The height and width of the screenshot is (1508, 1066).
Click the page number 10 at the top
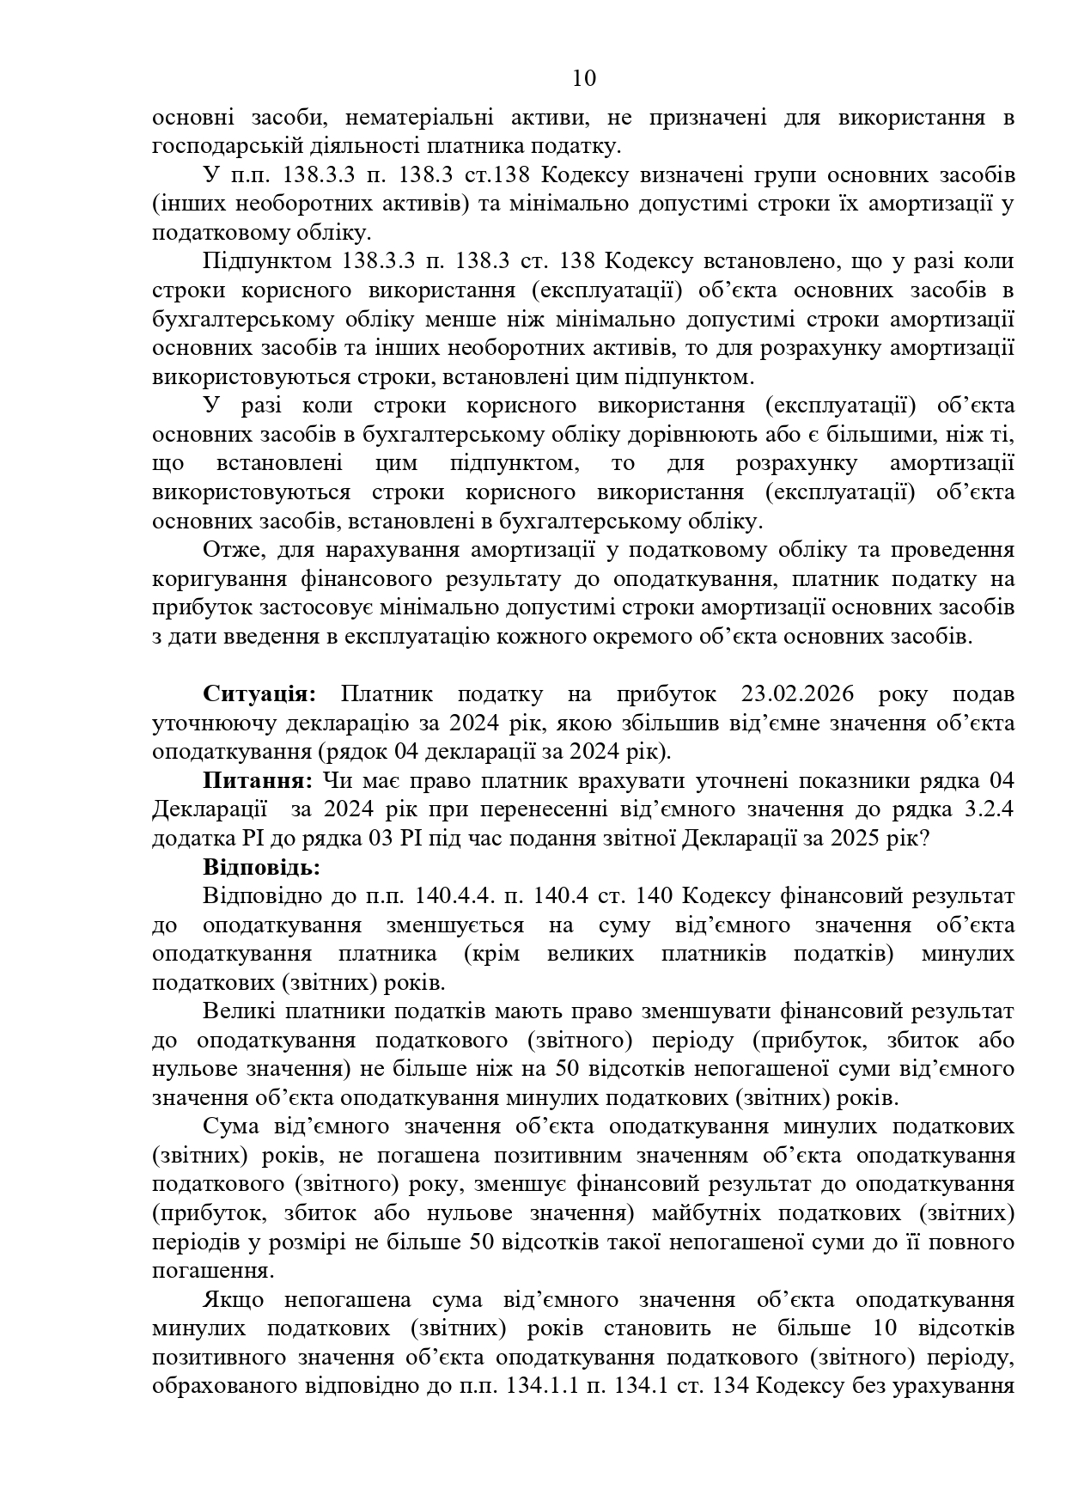tap(583, 79)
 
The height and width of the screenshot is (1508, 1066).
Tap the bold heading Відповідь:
tap(262, 867)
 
